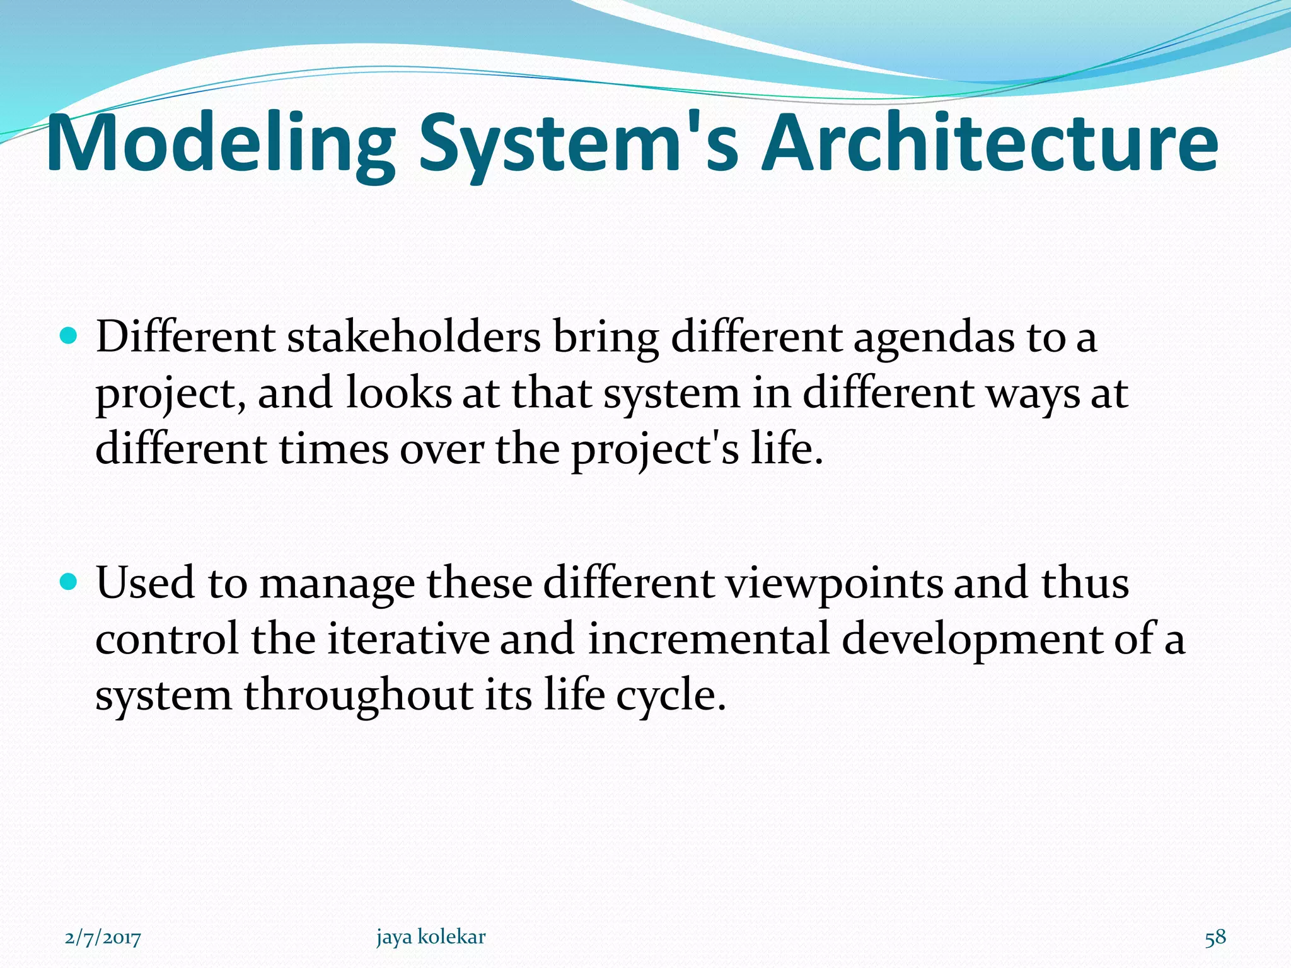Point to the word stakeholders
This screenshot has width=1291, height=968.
coord(414,337)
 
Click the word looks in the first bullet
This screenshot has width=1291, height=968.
coord(398,393)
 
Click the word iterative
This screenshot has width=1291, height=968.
coord(408,639)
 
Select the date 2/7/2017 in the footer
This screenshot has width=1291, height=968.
coord(103,938)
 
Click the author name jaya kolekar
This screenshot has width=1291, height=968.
coord(431,937)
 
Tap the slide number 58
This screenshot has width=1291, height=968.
coord(1215,938)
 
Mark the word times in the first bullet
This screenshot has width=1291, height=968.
coord(333,450)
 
